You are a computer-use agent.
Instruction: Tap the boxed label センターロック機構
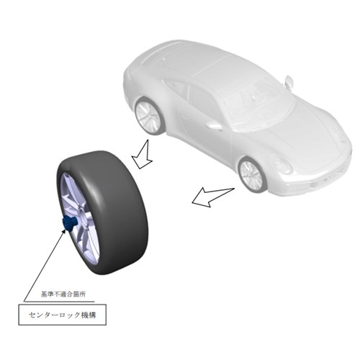[x=63, y=315]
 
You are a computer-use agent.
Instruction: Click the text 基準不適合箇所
[x=63, y=294]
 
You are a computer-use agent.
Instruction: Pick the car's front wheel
[x=252, y=175]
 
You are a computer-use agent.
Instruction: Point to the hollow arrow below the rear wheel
[x=143, y=156]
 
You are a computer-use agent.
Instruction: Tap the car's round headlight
[x=282, y=164]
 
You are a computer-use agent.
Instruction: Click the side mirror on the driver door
[x=214, y=125]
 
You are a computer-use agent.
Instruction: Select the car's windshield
[x=259, y=102]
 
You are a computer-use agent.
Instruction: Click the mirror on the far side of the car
[x=289, y=81]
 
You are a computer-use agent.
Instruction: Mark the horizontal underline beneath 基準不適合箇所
[x=59, y=302]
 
